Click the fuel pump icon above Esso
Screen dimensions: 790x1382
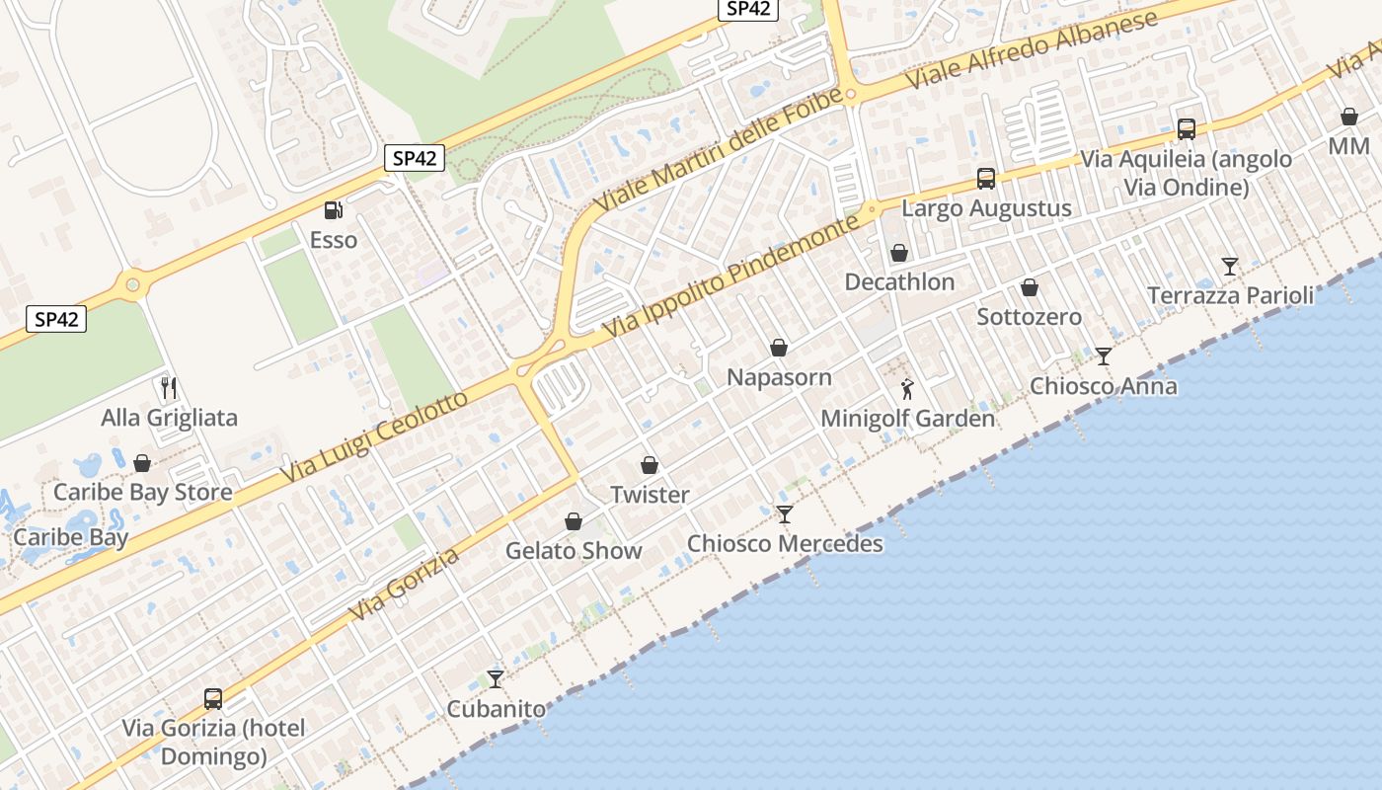coord(334,210)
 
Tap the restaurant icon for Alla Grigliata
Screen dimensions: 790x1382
coord(169,387)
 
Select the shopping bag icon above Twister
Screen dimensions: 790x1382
coord(650,465)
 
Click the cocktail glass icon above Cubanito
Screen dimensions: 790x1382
coord(496,679)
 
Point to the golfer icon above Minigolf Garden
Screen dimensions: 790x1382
coord(907,389)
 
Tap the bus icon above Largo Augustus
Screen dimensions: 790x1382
coord(985,179)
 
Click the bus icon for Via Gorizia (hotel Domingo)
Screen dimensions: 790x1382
coord(213,699)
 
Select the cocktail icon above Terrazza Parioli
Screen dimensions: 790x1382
coord(1230,266)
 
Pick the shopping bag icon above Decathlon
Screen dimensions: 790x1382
coord(899,253)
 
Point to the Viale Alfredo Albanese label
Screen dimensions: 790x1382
coord(1033,49)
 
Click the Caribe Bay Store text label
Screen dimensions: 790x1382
coord(143,492)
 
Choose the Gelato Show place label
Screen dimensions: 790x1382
coord(574,551)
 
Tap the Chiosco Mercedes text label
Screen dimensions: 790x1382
coord(785,544)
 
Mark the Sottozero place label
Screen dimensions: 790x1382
coord(1029,317)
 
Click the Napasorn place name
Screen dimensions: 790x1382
coord(779,377)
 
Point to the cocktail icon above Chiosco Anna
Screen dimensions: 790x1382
coord(1104,356)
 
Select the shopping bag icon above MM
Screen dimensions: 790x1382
coord(1349,117)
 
